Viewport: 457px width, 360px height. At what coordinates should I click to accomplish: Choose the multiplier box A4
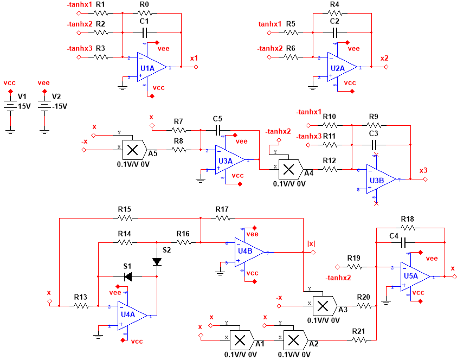coord(289,170)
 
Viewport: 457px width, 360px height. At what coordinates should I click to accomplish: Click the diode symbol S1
coord(128,277)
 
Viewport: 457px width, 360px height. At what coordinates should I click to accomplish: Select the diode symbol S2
coord(157,261)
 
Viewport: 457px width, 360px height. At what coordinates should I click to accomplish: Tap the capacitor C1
coord(144,33)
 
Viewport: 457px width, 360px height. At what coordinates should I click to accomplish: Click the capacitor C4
coord(403,244)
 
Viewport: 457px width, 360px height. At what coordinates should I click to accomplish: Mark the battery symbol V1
coord(10,103)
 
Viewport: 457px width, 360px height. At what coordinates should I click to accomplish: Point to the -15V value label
coord(59,106)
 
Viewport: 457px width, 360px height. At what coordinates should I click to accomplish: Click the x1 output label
coord(194,57)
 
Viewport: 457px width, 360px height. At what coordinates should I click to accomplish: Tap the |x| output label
coord(311,243)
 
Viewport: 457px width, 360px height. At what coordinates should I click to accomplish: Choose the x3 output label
coord(423,170)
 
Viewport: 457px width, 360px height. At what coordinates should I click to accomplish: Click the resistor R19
coord(354,267)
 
